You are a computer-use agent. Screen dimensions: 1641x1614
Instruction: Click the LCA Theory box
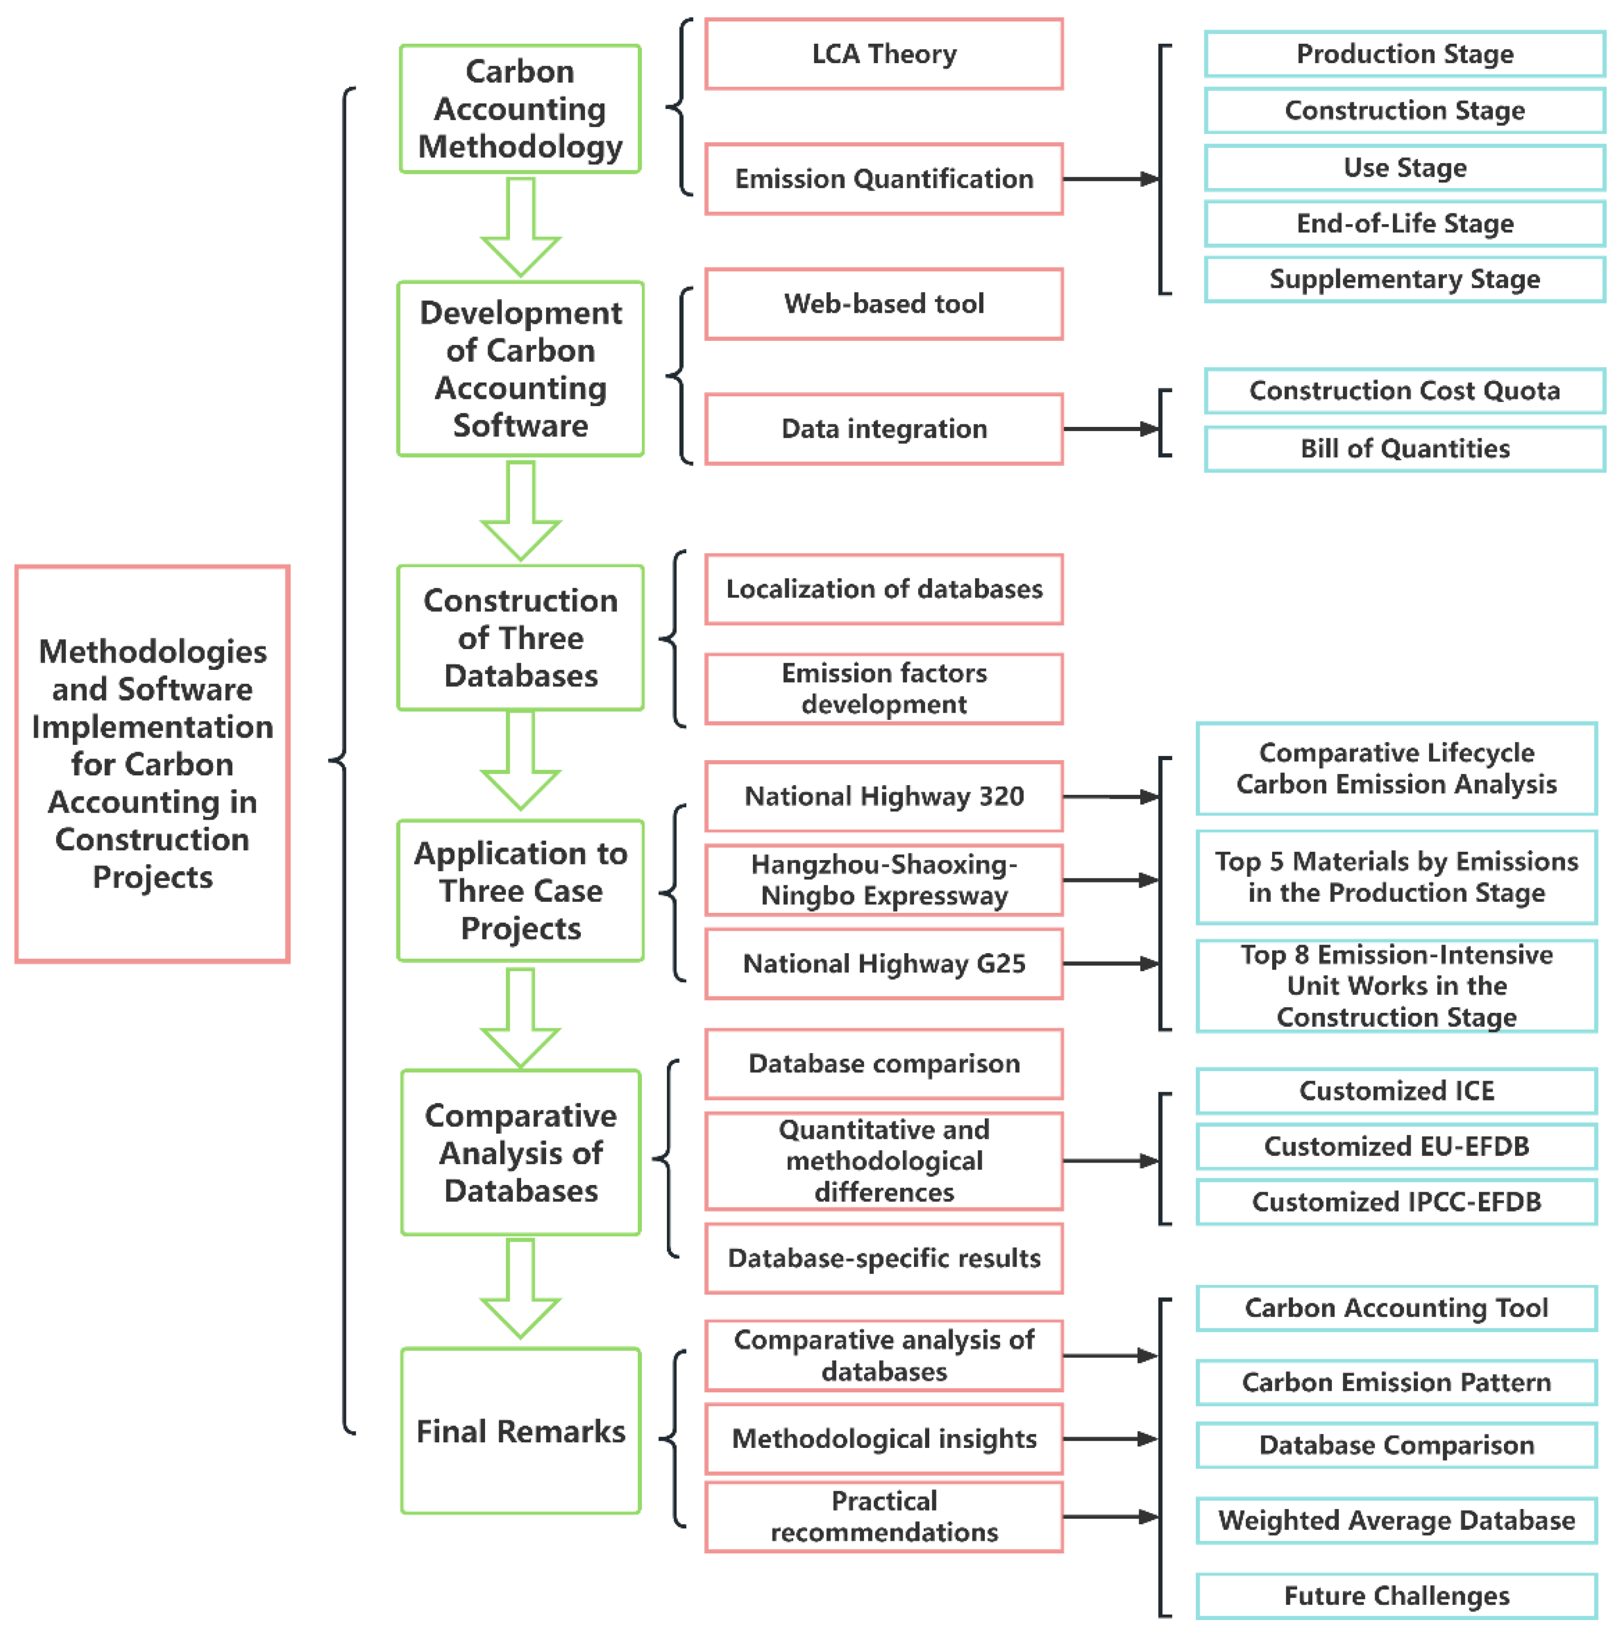click(883, 53)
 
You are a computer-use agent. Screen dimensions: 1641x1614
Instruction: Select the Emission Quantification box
click(883, 179)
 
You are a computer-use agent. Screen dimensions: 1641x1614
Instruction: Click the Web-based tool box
click(883, 304)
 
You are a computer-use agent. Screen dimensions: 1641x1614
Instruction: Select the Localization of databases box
click(883, 589)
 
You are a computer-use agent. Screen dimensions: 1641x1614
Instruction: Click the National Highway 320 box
click(883, 796)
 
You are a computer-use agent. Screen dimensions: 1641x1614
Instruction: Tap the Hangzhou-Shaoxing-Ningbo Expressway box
click(883, 880)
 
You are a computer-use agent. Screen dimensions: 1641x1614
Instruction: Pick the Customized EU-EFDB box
click(1396, 1146)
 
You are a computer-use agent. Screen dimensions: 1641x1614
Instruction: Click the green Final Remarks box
click(521, 1431)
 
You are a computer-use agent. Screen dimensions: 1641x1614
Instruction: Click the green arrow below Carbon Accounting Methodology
click(521, 227)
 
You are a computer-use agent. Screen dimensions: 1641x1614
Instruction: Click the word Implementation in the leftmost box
click(152, 727)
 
